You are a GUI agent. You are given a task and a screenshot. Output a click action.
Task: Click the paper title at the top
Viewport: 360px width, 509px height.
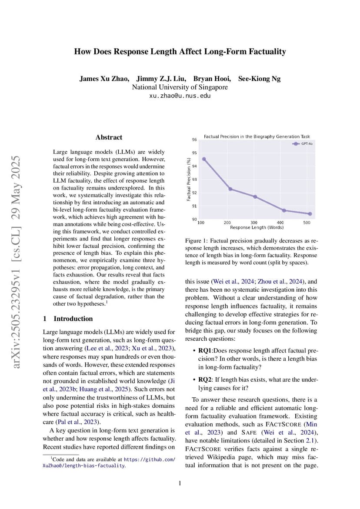(180, 52)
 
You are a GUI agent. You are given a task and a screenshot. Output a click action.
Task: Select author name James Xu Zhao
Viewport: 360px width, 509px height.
(104, 79)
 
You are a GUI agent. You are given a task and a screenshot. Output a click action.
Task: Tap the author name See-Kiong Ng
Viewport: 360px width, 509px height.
(259, 79)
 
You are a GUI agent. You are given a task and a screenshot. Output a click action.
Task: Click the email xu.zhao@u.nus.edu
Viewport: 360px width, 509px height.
(180, 96)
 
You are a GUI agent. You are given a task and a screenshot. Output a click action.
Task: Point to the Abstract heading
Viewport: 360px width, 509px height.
(109, 137)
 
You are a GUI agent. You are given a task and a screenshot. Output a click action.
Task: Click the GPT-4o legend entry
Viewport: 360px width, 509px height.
(303, 143)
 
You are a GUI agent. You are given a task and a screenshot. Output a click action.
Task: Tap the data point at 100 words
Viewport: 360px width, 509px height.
(204, 159)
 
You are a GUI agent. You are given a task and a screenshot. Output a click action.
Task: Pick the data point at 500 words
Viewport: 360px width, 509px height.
(310, 214)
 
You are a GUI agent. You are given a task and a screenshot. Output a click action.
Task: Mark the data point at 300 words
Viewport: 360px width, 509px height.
(255, 196)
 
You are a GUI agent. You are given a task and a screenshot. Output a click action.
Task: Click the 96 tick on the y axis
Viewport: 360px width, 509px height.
(194, 140)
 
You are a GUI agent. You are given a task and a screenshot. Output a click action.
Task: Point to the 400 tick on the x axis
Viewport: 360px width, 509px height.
(280, 223)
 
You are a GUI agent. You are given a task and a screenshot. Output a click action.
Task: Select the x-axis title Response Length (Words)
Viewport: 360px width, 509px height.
(257, 227)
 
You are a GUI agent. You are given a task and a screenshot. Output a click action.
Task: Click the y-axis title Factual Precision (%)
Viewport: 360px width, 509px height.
(189, 179)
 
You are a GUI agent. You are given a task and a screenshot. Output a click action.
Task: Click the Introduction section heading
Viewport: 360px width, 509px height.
(68, 319)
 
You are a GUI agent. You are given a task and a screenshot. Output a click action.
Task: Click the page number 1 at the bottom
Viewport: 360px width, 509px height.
(180, 483)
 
